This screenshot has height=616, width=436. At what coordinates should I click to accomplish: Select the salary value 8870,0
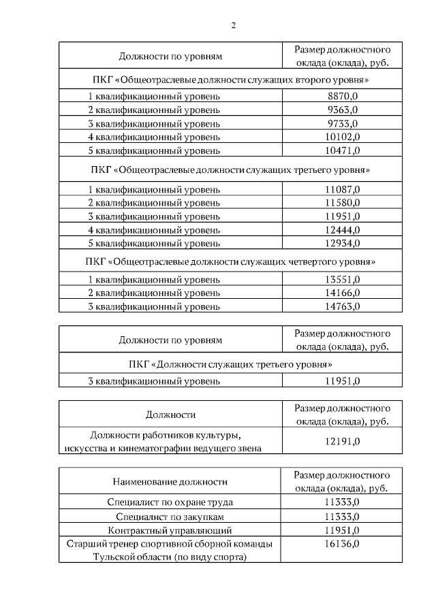(x=342, y=96)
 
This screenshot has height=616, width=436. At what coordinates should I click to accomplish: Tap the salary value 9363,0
(x=342, y=110)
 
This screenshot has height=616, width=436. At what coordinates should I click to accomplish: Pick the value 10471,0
(x=342, y=150)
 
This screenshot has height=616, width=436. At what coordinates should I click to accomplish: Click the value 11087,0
(x=342, y=189)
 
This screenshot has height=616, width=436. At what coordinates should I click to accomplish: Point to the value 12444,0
(x=342, y=229)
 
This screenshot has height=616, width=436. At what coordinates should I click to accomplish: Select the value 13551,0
(x=342, y=280)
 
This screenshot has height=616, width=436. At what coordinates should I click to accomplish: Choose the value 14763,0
(x=342, y=306)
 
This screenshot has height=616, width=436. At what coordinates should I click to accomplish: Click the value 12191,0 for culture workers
(x=342, y=441)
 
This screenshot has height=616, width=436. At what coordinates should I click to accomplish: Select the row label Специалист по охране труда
(x=170, y=502)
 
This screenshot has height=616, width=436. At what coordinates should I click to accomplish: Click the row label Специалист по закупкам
(x=170, y=516)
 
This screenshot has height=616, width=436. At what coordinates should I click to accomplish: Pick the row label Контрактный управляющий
(x=170, y=530)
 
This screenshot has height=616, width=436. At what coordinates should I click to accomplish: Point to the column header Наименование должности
(x=170, y=482)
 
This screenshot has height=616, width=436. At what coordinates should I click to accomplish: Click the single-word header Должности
(x=170, y=415)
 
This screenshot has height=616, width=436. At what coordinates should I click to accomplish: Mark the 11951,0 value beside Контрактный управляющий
(x=342, y=530)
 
